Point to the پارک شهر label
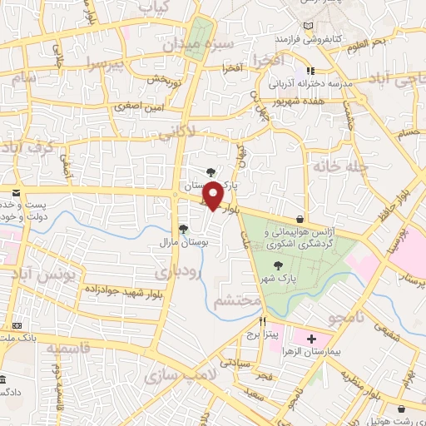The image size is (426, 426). pyautogui.click(x=276, y=278)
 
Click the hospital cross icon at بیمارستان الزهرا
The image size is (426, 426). pyautogui.click(x=312, y=339)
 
